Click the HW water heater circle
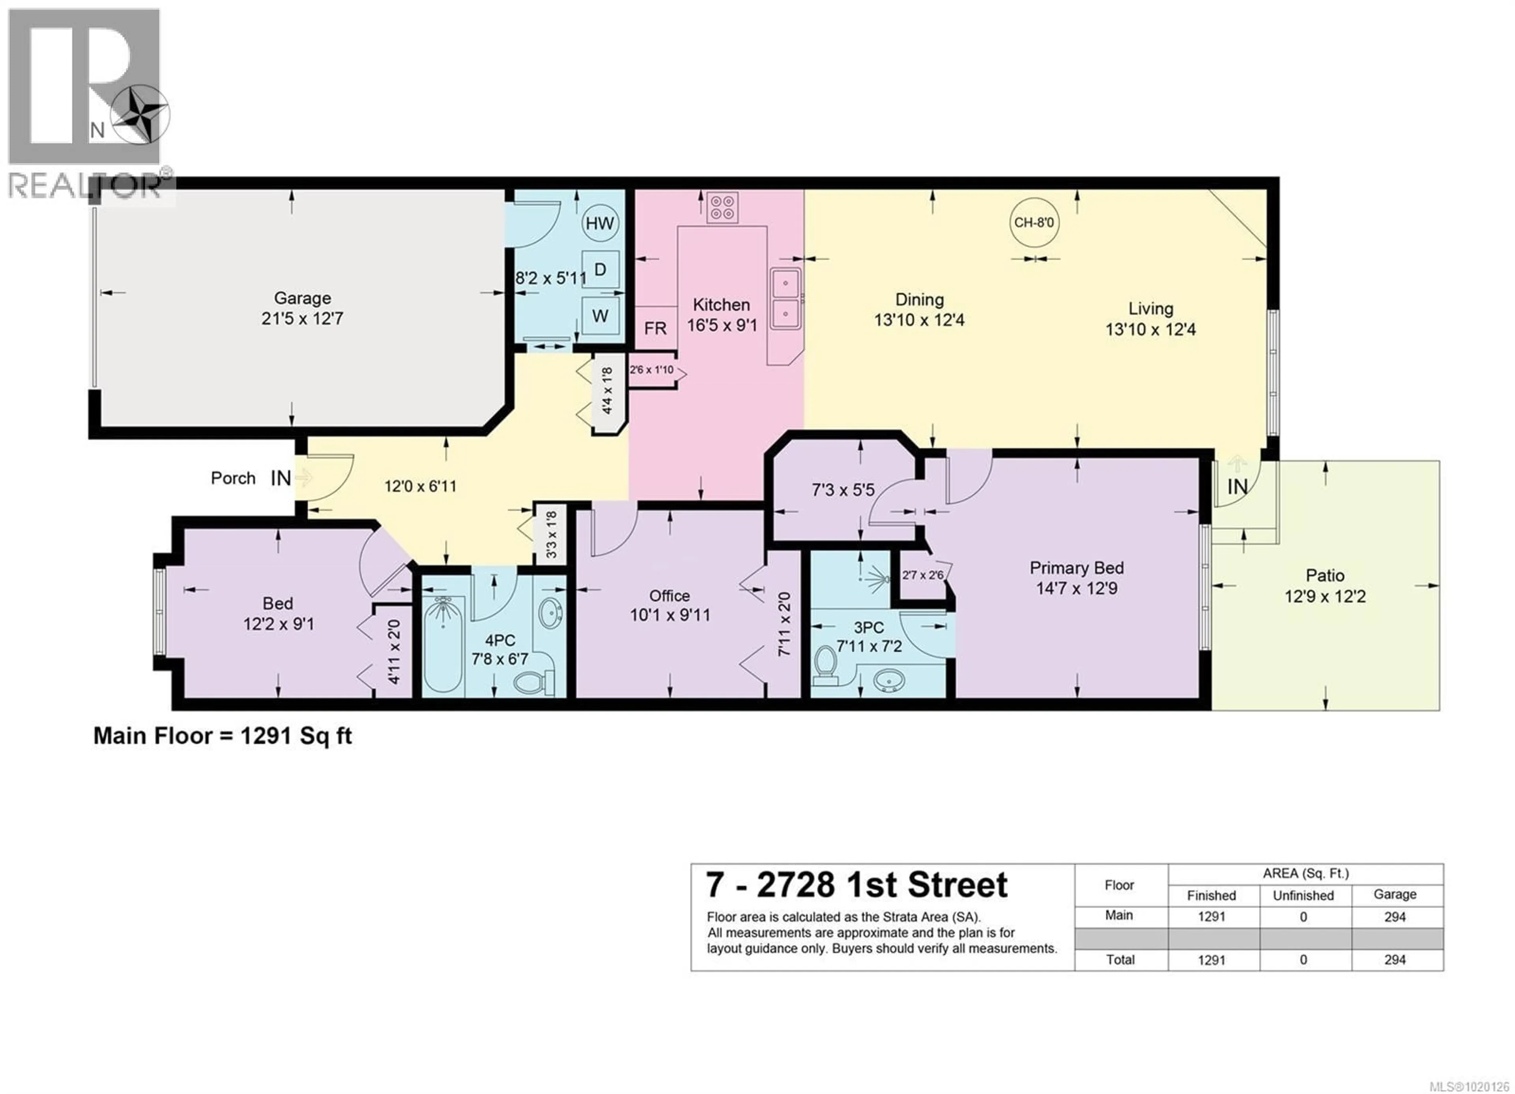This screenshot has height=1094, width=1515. click(599, 223)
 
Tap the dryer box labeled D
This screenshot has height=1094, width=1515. click(600, 269)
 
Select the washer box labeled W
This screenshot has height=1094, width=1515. click(600, 315)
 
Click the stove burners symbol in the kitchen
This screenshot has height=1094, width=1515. click(722, 207)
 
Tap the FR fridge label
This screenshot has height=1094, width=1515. click(655, 328)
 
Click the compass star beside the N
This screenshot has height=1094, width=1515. click(140, 115)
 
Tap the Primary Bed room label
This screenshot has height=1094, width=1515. click(1076, 568)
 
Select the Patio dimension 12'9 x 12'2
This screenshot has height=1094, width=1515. click(1324, 596)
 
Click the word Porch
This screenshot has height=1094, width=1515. click(232, 478)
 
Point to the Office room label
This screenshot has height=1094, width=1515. click(670, 596)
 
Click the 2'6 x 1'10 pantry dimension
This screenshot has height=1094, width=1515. click(651, 369)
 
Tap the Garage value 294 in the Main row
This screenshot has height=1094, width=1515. click(1395, 917)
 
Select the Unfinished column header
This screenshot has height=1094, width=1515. click(1303, 895)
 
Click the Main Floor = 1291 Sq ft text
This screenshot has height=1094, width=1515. click(223, 736)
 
